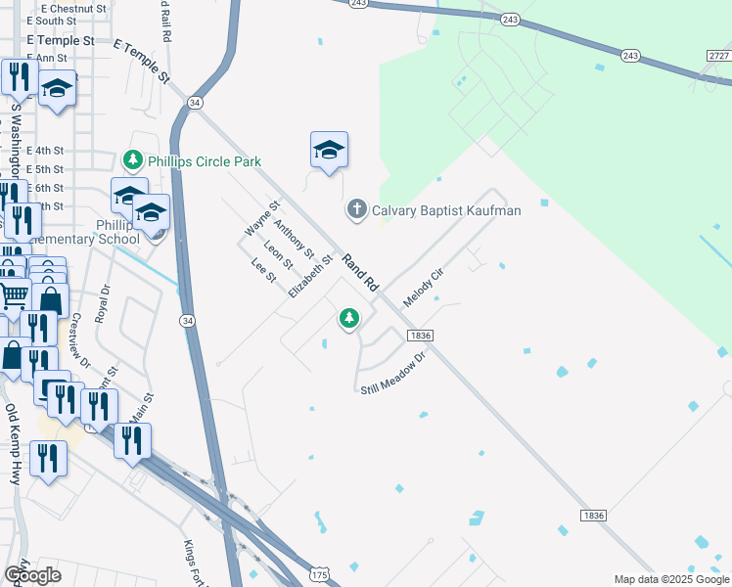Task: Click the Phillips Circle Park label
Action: pos(205,160)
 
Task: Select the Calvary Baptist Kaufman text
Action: pos(446,210)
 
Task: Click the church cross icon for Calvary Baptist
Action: pos(357,209)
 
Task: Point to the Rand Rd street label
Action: pos(359,273)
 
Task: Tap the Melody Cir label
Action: pos(424,287)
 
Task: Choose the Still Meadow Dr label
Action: pos(395,376)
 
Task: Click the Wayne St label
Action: pos(262,218)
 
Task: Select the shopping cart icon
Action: pos(13,293)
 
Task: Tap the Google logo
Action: pos(32,574)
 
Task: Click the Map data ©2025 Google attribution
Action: pos(670,579)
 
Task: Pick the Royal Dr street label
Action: pos(102,304)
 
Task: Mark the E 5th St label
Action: pos(45,169)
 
